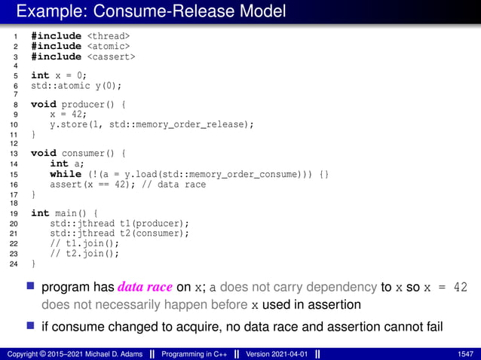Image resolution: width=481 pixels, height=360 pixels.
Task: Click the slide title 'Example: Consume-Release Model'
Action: pyautogui.click(x=150, y=11)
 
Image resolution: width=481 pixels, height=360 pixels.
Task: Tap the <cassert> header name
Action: pyautogui.click(x=112, y=56)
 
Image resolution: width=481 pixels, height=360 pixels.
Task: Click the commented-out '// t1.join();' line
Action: pyautogui.click(x=84, y=243)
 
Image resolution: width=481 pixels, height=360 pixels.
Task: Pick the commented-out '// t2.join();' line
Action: pyautogui.click(x=84, y=253)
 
